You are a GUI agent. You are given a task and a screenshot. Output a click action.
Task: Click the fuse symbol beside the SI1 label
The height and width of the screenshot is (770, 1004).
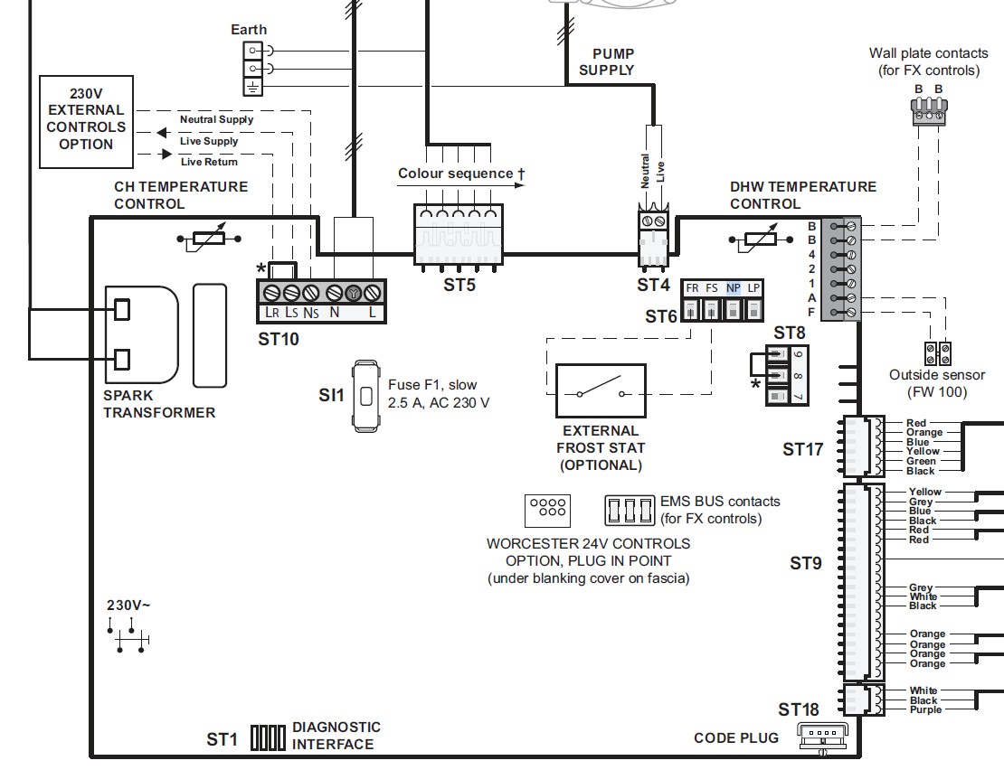click(365, 396)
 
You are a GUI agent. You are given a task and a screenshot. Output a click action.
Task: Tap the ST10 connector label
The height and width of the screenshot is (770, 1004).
click(279, 340)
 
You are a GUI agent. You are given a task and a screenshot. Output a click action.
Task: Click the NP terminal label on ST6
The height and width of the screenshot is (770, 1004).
click(734, 287)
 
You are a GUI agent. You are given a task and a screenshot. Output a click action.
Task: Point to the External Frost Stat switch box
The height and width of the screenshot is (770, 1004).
click(601, 391)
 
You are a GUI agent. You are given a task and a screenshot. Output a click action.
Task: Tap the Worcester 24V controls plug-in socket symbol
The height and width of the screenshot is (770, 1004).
click(546, 511)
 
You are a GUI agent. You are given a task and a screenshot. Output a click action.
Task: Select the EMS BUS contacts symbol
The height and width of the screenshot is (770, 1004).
click(630, 511)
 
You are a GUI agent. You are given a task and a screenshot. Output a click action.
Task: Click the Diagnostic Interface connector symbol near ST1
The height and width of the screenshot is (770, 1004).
click(268, 737)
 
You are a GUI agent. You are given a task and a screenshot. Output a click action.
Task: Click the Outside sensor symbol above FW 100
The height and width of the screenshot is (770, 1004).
click(935, 352)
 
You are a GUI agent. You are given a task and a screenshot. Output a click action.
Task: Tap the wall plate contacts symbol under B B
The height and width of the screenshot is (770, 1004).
click(928, 113)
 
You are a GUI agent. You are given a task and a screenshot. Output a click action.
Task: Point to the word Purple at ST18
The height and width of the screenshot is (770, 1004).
click(925, 710)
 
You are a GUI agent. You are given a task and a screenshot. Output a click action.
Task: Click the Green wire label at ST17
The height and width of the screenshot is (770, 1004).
click(922, 461)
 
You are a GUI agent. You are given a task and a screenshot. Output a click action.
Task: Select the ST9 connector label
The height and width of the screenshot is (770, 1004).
click(805, 564)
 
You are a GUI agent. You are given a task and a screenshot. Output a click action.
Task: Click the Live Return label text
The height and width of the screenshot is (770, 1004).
click(209, 162)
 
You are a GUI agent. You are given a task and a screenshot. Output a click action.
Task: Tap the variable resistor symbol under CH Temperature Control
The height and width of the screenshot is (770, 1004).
click(211, 239)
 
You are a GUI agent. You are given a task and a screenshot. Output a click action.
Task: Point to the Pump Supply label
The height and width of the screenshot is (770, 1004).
click(607, 62)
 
